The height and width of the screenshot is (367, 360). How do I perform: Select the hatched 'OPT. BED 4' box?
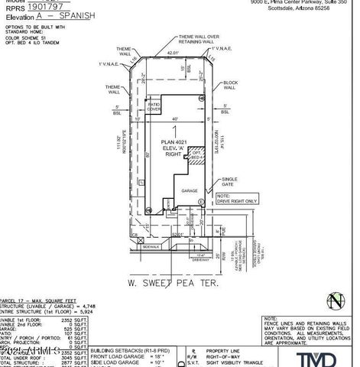(x=196, y=156)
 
